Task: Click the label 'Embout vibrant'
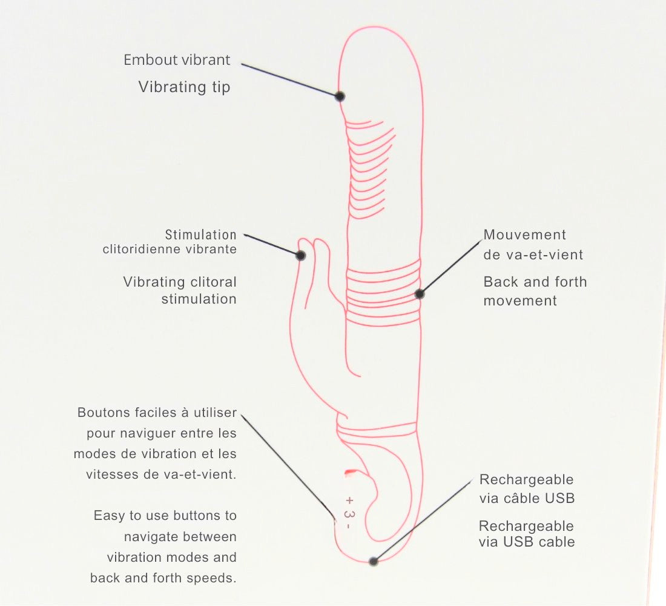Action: click(x=177, y=60)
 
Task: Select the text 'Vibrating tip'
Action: click(x=184, y=87)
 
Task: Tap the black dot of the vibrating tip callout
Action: click(x=340, y=96)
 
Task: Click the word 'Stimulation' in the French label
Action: click(x=200, y=235)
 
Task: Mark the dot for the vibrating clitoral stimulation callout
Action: click(x=301, y=256)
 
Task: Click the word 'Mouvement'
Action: click(x=525, y=235)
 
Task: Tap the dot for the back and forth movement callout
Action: click(x=420, y=294)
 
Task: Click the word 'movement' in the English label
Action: click(x=520, y=301)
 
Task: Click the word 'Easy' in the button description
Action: click(x=108, y=516)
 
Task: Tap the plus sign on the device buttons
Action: click(x=349, y=501)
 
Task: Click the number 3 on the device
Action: click(x=348, y=514)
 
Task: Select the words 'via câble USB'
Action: click(x=527, y=499)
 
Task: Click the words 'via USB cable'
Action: click(x=527, y=542)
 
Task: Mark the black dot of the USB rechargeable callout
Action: click(x=374, y=561)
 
